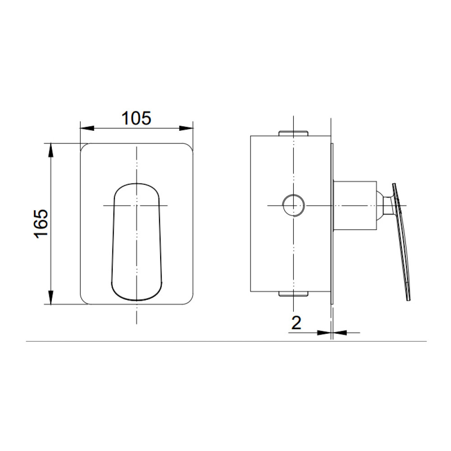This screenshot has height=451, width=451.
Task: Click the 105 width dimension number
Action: pos(136,118)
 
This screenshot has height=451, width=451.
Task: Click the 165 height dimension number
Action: pos(41,224)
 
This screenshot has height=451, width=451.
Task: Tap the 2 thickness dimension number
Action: pos(296,323)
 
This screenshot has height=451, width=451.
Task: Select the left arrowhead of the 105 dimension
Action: pos(87,128)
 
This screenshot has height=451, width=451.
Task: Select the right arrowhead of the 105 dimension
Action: pos(186,128)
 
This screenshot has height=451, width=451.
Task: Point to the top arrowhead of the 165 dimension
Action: pos(51,150)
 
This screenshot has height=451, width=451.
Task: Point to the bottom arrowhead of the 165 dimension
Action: pos(51,298)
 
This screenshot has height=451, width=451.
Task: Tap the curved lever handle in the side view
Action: pos(402,242)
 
